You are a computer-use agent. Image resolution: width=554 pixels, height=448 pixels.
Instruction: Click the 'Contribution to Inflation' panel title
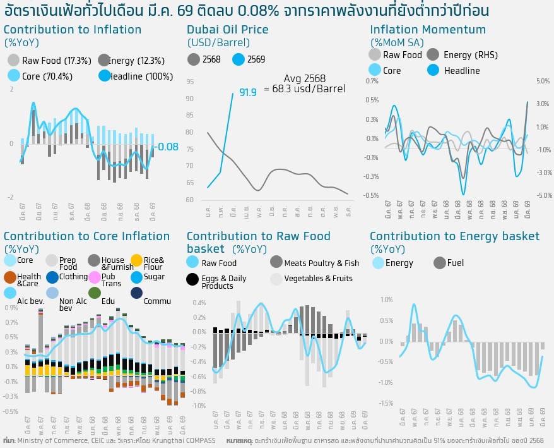coord(73,30)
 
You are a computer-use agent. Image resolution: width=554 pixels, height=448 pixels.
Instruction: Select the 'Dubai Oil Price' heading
coord(227,30)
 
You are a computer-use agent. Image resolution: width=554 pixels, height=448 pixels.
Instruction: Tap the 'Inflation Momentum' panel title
coord(428,30)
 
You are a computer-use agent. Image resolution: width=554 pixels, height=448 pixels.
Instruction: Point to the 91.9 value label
coord(247,93)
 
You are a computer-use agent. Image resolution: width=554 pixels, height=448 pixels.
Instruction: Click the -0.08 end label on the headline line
coord(167,147)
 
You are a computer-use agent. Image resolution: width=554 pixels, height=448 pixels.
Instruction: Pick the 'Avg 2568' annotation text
coord(305,78)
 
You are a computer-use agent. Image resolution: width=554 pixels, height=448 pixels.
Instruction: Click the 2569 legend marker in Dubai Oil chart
coord(239,59)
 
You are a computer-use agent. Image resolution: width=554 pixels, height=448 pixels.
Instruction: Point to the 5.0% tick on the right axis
coord(543,81)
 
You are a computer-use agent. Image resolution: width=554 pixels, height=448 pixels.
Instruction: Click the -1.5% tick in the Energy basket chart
coord(386,403)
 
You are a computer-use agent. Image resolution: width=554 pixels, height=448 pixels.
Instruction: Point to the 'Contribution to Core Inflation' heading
coord(87,236)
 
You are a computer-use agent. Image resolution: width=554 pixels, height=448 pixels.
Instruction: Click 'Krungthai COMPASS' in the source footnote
coord(187,440)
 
